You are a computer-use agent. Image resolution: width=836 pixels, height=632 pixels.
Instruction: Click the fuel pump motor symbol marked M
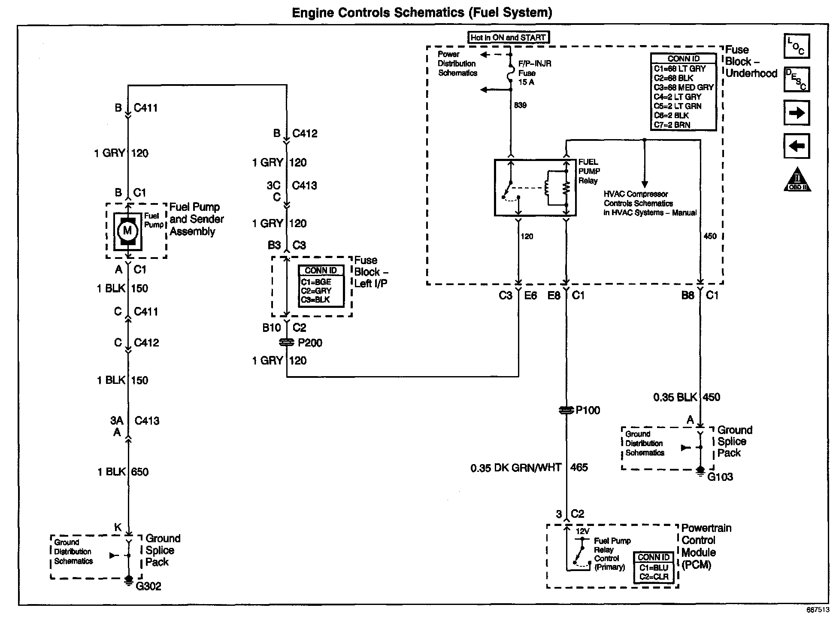tap(127, 231)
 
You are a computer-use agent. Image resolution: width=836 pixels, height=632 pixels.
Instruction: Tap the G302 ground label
tap(148, 586)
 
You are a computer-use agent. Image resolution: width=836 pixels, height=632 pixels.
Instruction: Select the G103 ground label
tap(720, 477)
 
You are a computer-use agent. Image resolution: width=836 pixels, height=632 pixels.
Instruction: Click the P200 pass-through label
tap(310, 343)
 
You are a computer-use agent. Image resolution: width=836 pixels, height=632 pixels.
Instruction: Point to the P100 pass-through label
tap(588, 410)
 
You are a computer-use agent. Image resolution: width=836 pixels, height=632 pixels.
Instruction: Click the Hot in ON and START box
tap(508, 37)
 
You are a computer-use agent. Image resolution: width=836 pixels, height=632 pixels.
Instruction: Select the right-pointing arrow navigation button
tap(797, 113)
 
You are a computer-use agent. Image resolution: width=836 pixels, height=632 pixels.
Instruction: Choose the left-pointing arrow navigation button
tap(797, 146)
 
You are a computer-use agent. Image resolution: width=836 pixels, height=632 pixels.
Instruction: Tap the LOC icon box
tap(797, 46)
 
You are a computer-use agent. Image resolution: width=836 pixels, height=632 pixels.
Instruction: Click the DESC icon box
tap(797, 79)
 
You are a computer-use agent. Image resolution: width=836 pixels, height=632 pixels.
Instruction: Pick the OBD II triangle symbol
tap(797, 179)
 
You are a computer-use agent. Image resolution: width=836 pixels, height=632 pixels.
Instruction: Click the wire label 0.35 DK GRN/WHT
tap(516, 468)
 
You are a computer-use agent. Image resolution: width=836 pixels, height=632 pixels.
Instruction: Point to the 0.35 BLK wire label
tap(675, 397)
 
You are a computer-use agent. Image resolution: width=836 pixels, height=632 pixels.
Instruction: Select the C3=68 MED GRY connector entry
tap(684, 87)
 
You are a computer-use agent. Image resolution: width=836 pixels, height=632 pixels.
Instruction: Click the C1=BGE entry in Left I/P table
tap(316, 282)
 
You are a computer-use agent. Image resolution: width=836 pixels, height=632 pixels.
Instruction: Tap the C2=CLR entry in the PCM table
tap(654, 577)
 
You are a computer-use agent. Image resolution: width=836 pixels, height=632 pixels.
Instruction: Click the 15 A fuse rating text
tap(526, 82)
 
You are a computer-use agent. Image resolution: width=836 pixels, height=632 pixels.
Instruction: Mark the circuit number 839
tap(520, 105)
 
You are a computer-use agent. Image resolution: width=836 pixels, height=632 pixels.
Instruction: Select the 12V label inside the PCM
tap(582, 532)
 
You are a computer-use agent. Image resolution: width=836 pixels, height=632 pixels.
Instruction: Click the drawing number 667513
tap(818, 610)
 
